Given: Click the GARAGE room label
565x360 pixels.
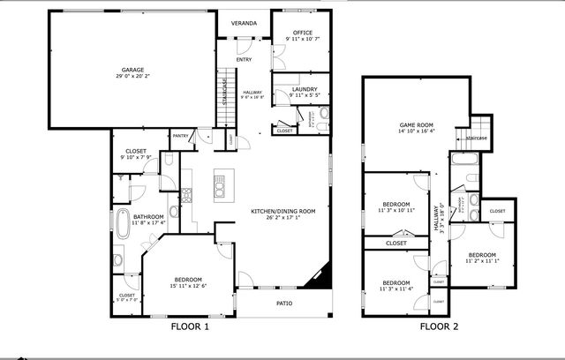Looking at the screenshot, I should tap(132, 69).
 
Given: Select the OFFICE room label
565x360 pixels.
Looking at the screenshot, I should tap(303, 33).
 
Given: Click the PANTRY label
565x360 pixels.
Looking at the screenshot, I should tap(180, 136).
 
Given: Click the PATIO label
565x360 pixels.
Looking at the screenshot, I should tap(284, 304).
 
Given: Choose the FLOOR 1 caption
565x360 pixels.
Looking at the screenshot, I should tap(190, 326).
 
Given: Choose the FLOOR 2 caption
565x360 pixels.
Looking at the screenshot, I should tap(439, 326).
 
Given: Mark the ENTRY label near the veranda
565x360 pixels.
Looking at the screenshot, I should tap(244, 60).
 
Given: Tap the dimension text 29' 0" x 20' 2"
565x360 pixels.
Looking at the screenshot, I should tap(132, 77).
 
